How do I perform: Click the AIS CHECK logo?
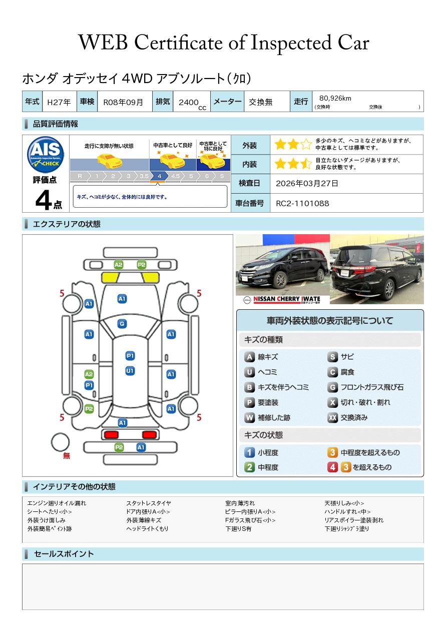tap(46, 155)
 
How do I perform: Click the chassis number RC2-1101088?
tap(302, 204)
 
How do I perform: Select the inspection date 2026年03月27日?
tap(307, 183)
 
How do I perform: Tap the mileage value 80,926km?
tap(335, 98)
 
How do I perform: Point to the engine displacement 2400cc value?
tap(192, 104)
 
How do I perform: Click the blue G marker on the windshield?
tap(122, 324)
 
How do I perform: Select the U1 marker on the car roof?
tap(130, 371)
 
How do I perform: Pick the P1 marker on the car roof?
tap(130, 356)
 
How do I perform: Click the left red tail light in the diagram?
tap(111, 434)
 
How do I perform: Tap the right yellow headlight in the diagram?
tap(150, 278)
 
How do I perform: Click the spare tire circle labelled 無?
tap(60, 442)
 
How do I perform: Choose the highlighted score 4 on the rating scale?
tap(159, 176)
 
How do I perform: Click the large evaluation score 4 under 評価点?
tap(43, 200)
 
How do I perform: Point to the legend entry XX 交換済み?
tap(347, 417)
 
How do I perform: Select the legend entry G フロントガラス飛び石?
tap(365, 387)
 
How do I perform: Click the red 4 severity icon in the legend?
tap(332, 467)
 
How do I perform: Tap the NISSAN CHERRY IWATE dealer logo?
tap(282, 300)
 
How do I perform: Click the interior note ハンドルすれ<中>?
tap(347, 511)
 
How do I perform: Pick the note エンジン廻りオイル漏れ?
tap(57, 503)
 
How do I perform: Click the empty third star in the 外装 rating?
tap(306, 144)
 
